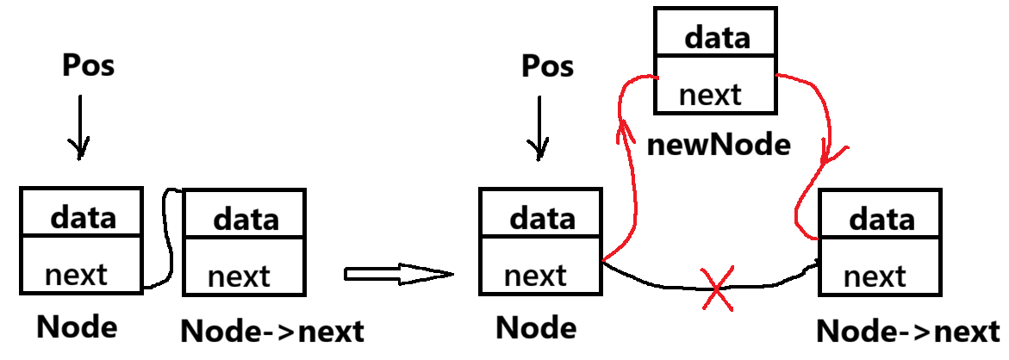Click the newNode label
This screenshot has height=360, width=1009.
coord(718,145)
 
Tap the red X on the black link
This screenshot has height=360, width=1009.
coord(717,287)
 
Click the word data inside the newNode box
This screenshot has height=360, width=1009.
coord(717,37)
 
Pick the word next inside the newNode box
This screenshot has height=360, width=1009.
coord(710,94)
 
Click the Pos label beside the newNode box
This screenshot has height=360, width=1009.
coord(548,67)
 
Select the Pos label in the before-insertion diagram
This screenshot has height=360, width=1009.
coord(89,65)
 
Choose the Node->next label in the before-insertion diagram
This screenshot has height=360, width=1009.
coord(272,331)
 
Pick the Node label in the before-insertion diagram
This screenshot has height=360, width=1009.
coord(77,326)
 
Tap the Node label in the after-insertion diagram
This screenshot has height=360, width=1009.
coord(536,327)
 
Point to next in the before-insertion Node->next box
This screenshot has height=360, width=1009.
coord(239,276)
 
